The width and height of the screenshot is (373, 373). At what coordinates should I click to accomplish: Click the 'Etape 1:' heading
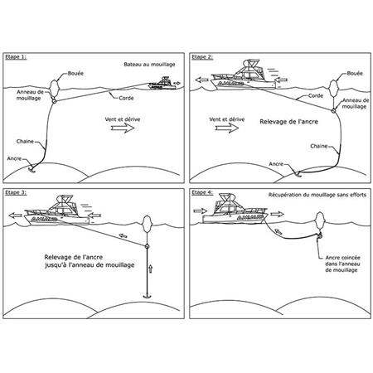point(16,57)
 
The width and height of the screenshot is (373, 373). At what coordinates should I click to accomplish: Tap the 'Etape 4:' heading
point(202,192)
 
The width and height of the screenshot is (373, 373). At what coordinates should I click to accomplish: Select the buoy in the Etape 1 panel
point(54,87)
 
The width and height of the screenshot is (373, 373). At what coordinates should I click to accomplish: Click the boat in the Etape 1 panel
point(162,84)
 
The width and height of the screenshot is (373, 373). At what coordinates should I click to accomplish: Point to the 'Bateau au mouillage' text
point(149,65)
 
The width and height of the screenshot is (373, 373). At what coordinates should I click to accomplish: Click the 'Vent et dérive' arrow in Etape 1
point(123,128)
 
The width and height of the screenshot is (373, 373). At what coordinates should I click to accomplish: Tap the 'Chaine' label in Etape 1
point(25,142)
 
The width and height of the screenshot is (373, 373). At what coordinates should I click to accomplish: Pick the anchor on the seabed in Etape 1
point(32,170)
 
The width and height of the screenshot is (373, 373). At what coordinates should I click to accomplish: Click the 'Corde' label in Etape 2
point(316,95)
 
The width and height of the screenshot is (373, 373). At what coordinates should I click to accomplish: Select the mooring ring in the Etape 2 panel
point(333,111)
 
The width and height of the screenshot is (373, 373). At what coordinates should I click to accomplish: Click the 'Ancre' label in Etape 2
point(276,164)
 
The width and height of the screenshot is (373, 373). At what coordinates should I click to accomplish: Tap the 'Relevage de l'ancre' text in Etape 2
point(288,122)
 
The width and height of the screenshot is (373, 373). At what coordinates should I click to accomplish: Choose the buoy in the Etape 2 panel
point(334,88)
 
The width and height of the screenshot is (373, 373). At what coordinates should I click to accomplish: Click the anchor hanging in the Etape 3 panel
point(147,296)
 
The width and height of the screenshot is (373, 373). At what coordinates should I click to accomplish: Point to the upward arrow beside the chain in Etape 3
point(151,269)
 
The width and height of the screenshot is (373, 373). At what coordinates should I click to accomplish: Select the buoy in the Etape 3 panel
point(147,224)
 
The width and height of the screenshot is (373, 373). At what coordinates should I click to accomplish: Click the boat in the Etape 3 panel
point(57,211)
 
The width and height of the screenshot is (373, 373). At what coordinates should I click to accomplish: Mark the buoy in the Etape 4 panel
point(320,220)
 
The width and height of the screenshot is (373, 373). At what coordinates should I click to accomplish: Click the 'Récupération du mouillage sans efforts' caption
point(317,195)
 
